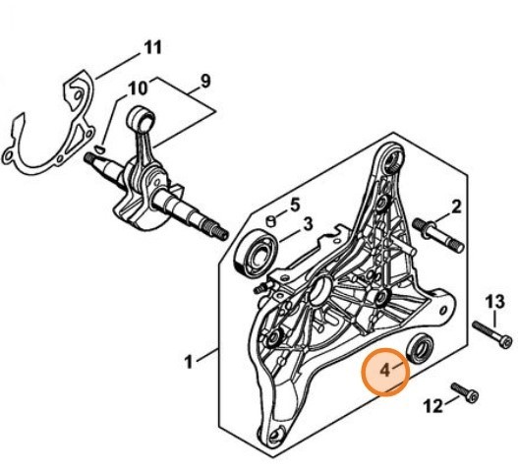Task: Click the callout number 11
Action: tap(152, 47)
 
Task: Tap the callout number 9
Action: tap(205, 81)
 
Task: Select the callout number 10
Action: tap(138, 88)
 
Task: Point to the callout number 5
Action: tap(295, 205)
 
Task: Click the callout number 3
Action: tap(307, 225)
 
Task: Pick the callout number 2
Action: tap(456, 207)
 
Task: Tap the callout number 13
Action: tap(494, 302)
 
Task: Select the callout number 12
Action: tap(433, 405)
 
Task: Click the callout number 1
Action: tap(189, 362)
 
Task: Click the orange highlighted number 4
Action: tap(385, 370)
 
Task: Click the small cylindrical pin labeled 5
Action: tap(271, 221)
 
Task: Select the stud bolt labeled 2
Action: tap(438, 236)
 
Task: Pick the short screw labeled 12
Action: tap(465, 392)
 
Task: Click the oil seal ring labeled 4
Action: tap(420, 349)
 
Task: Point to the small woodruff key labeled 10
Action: tap(99, 148)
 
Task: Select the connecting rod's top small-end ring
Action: tap(142, 118)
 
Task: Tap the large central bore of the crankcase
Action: tap(319, 291)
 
